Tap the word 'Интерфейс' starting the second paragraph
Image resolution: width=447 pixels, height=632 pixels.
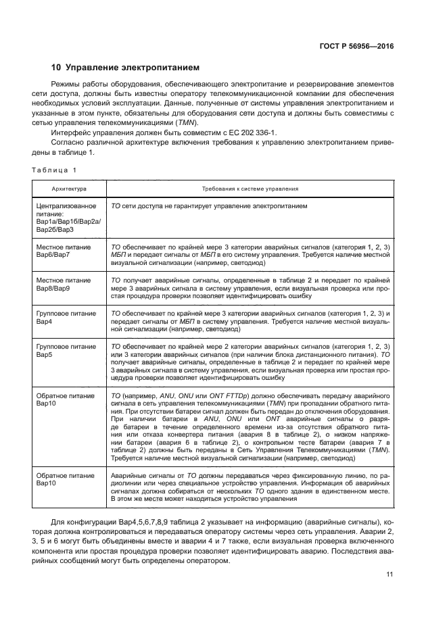click(69, 134)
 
